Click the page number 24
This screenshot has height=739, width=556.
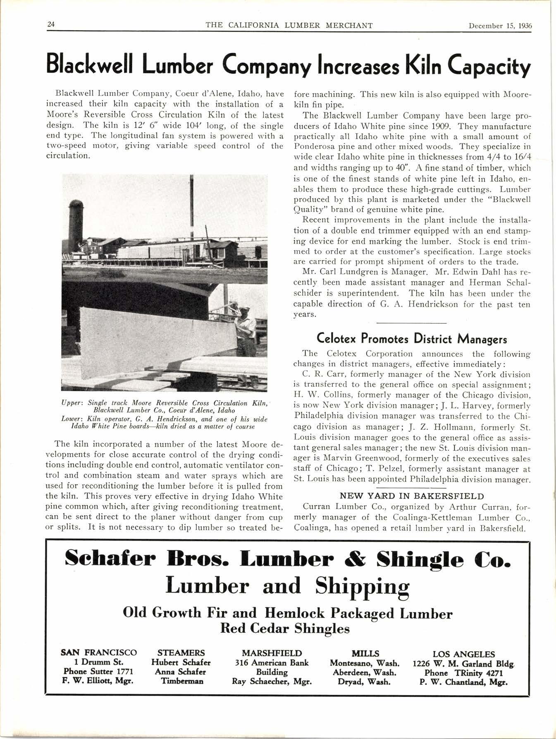click(51, 24)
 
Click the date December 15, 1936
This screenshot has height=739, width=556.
click(500, 25)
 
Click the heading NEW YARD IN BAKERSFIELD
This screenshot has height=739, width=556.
click(412, 495)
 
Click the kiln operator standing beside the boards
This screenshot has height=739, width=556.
click(247, 331)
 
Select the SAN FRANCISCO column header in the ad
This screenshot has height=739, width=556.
click(99, 653)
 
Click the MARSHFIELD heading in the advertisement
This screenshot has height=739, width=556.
click(272, 653)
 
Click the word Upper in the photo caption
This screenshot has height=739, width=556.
click(70, 403)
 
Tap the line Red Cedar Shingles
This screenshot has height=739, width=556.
click(285, 629)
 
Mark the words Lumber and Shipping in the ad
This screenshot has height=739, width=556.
click(287, 586)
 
